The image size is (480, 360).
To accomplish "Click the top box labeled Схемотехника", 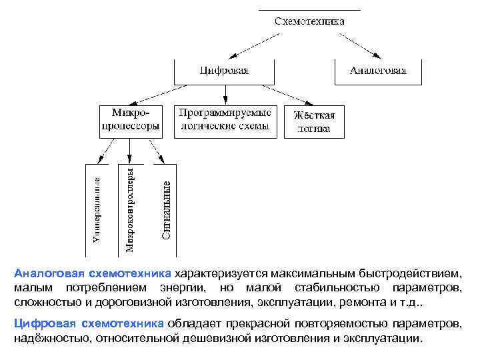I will (309, 21).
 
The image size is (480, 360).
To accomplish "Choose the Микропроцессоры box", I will (130, 121).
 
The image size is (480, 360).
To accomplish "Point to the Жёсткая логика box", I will (315, 121).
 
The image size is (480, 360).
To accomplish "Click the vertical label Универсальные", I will (97, 209).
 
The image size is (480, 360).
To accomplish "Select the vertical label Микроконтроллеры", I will (130, 209).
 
